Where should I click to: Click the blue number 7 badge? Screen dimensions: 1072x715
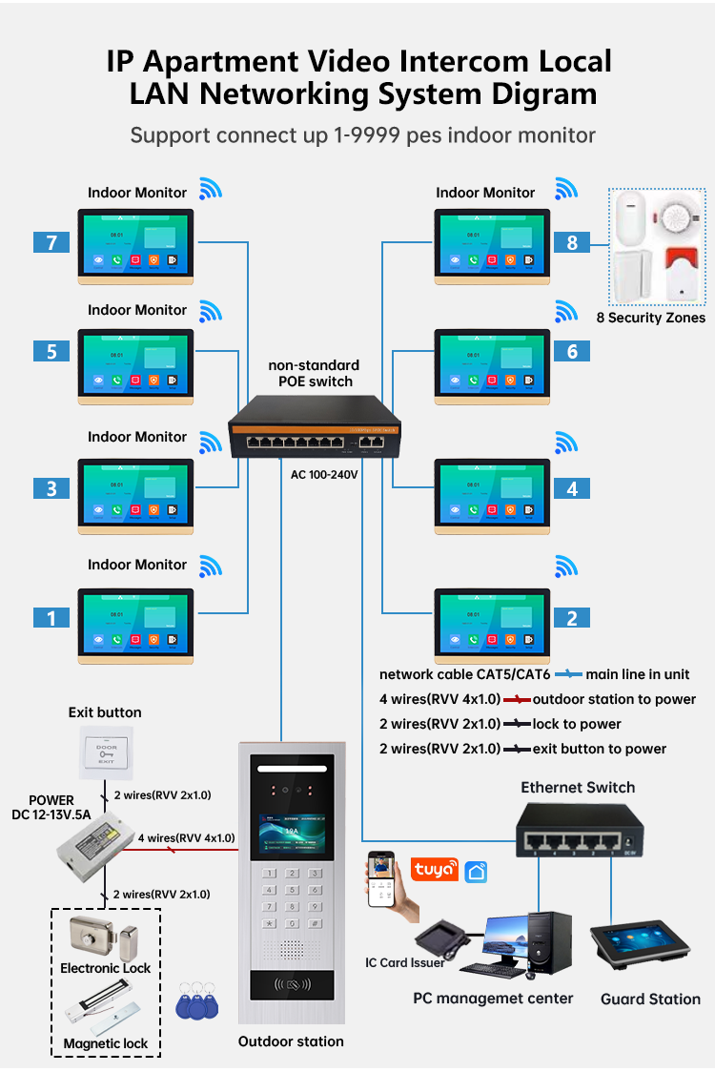(x=51, y=242)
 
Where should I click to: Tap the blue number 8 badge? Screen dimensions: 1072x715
(x=572, y=242)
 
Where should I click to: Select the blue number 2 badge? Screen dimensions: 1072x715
(x=572, y=618)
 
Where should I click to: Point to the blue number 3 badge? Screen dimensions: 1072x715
(x=51, y=488)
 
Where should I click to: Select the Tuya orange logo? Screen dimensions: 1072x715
(x=434, y=869)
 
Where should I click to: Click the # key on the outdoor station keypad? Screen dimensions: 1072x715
(x=316, y=923)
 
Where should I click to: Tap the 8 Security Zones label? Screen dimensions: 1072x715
(x=650, y=318)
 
